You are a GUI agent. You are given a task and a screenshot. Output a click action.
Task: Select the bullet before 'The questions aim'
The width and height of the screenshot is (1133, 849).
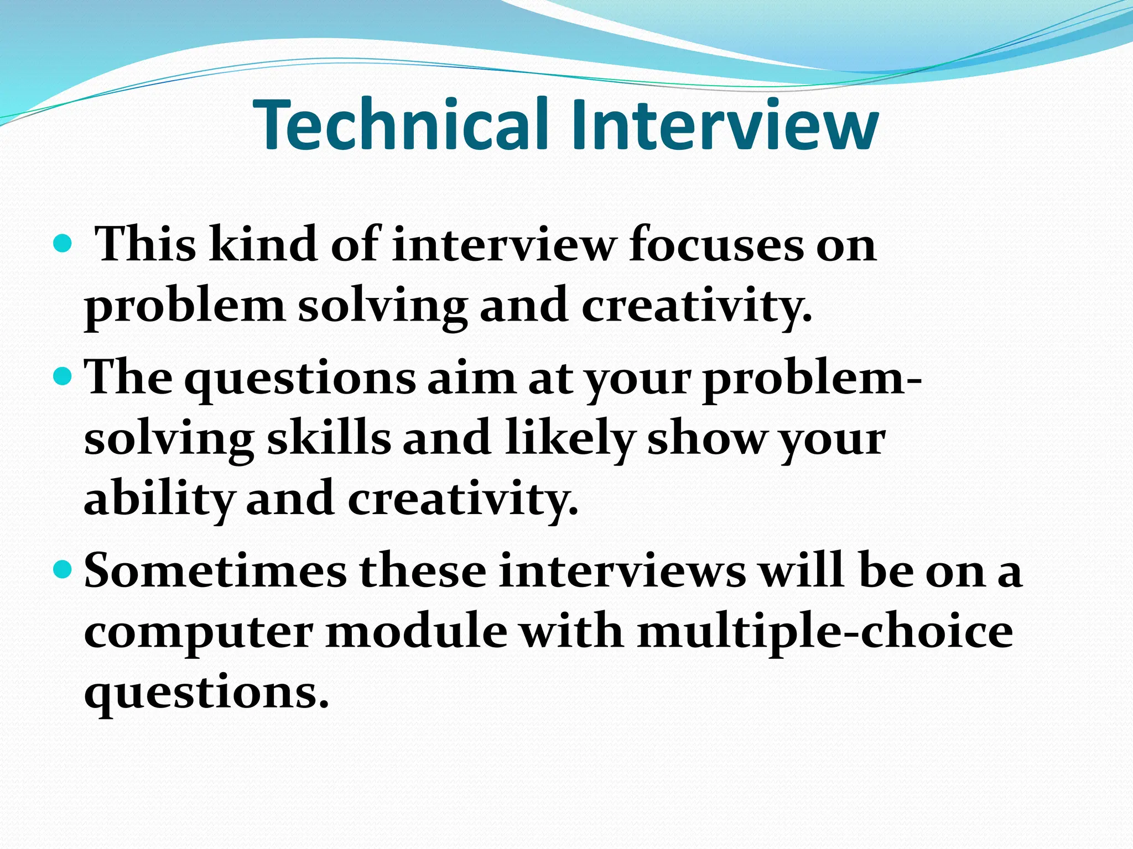64,377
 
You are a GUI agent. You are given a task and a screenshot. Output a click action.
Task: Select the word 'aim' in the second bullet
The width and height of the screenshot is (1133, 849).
471,378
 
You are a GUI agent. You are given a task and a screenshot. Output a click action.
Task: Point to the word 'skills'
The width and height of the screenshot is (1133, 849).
329,439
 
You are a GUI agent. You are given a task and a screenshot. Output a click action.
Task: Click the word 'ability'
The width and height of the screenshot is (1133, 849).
158,500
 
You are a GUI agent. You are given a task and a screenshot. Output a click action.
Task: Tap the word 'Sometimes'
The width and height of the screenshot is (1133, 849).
215,570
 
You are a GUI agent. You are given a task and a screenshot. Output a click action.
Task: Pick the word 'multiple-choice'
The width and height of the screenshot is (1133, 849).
825,632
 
